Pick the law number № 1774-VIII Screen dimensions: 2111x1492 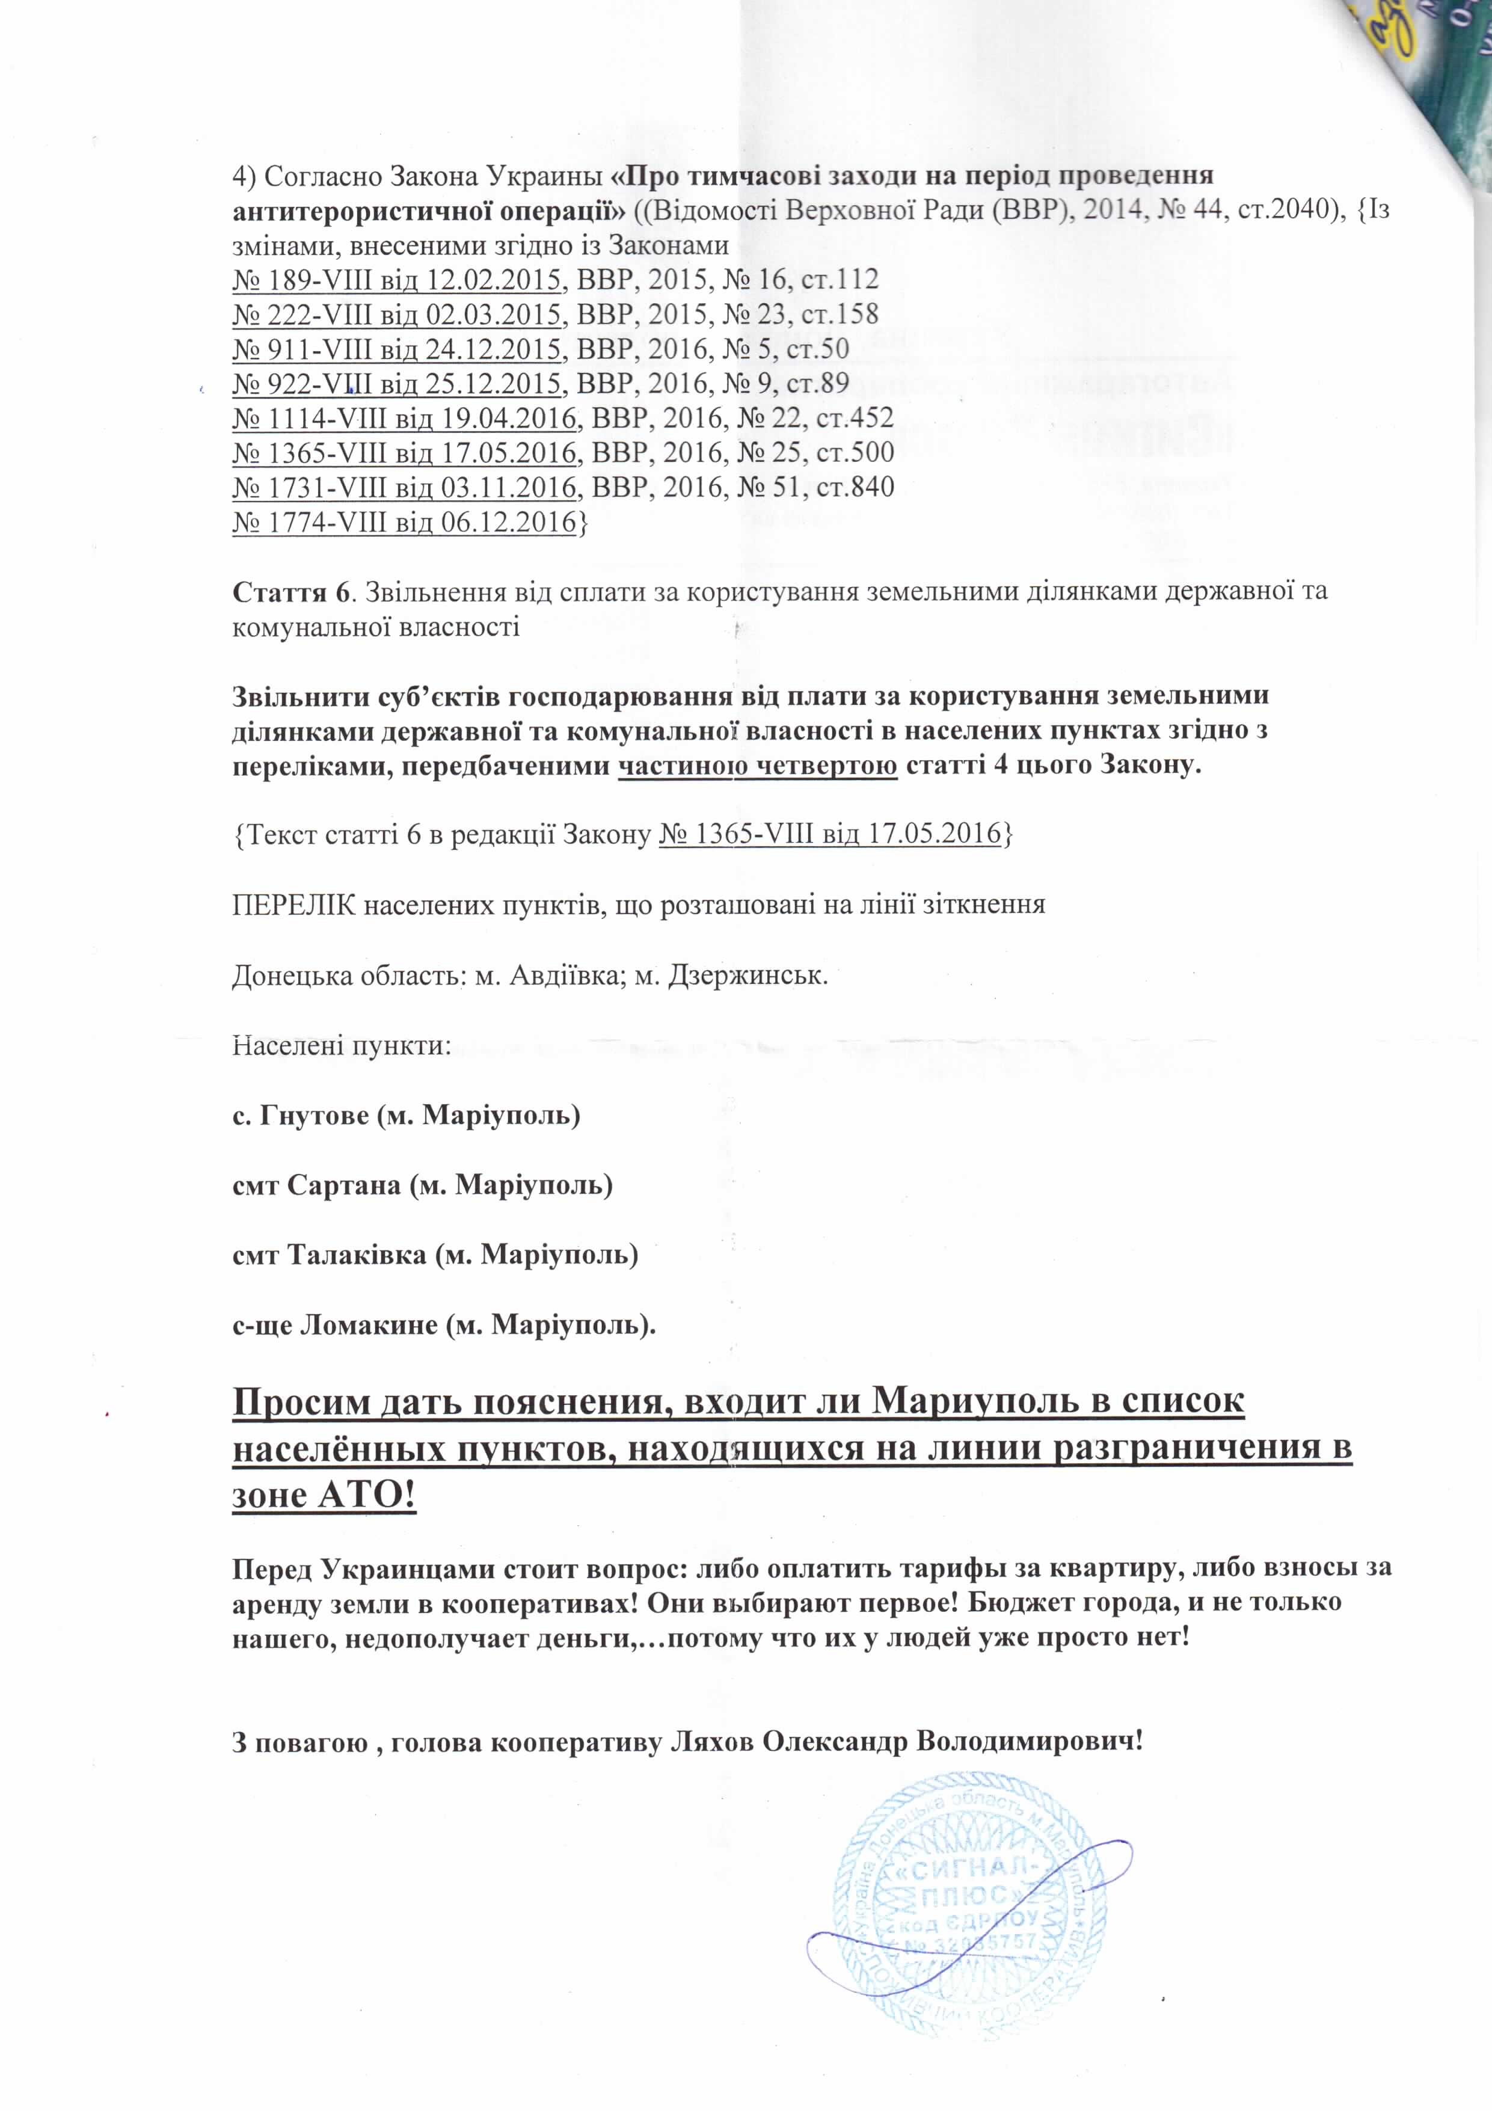click(x=313, y=522)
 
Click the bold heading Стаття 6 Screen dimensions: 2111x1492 click(x=292, y=591)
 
